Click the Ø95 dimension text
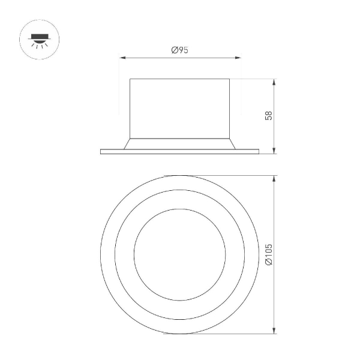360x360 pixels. [180, 51]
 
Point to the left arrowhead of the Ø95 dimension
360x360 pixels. [122, 58]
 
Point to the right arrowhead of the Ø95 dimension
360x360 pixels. [240, 58]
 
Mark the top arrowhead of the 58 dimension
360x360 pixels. [274, 80]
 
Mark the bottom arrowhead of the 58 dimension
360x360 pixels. [274, 151]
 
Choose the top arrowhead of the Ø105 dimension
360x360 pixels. [274, 178]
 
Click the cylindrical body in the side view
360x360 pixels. [180, 108]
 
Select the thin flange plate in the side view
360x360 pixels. [180, 151]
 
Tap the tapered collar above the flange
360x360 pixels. [180, 144]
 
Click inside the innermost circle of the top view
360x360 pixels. [180, 255]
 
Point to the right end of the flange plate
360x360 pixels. [258, 151]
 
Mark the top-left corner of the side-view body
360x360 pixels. [131, 79]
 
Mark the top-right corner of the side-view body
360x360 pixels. [230, 79]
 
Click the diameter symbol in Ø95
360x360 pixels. [174, 51]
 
